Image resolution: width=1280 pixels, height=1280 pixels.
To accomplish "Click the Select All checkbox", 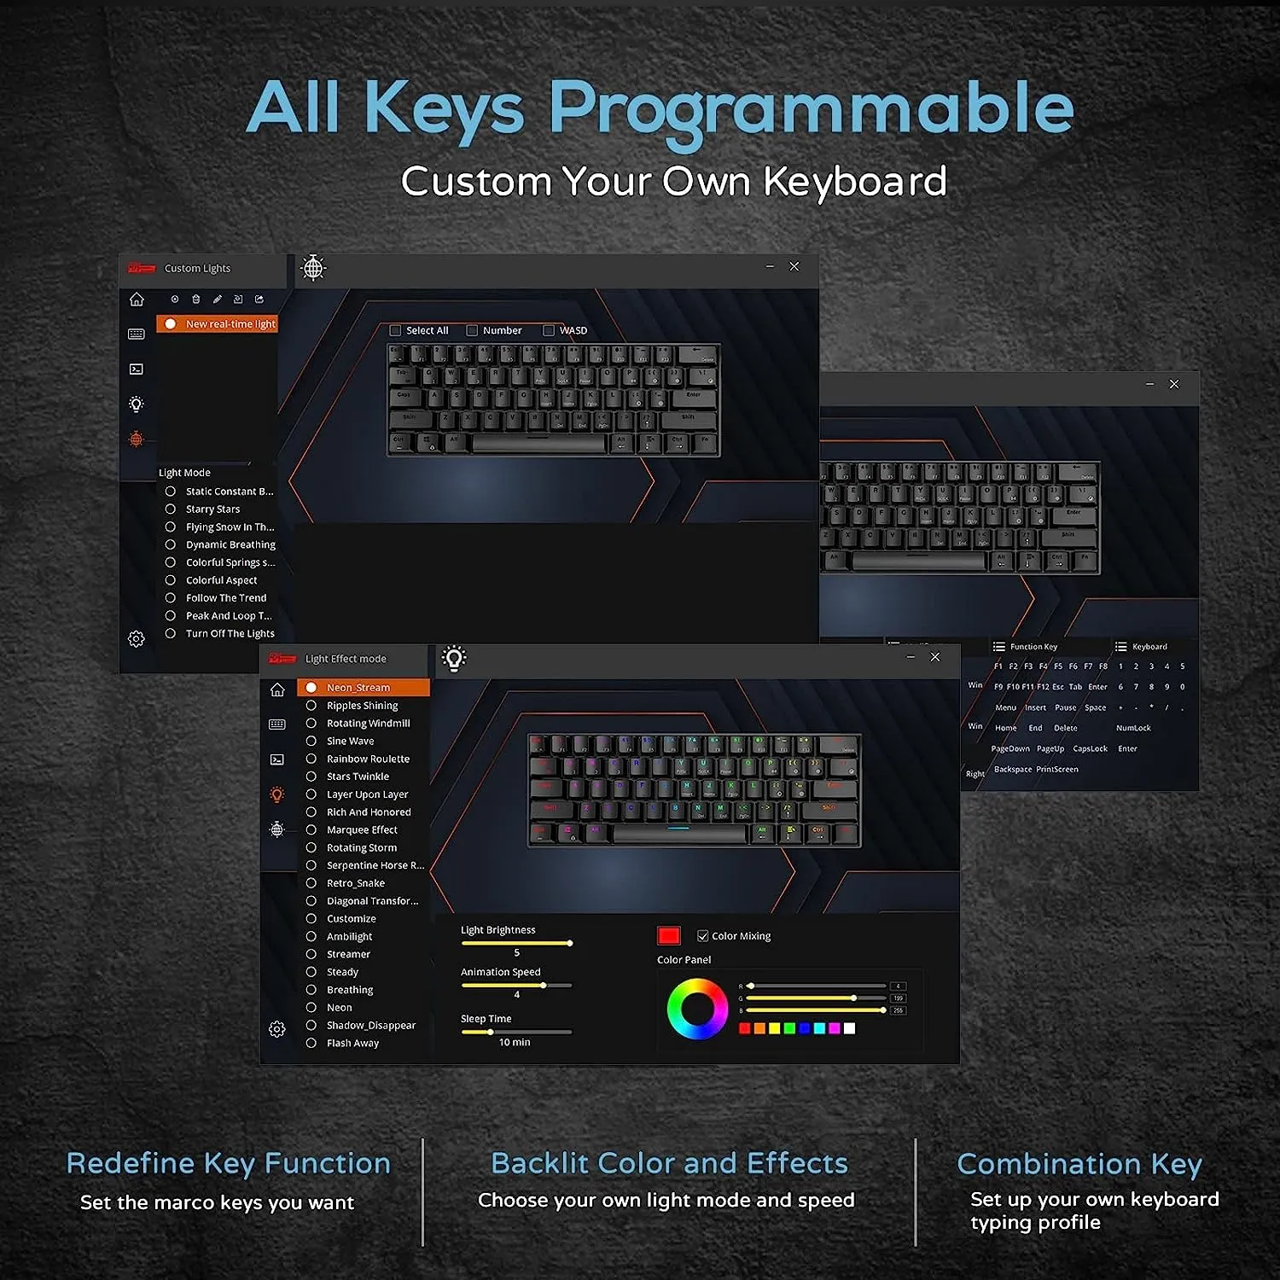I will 395,330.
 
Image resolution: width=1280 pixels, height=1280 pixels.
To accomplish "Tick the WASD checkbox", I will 549,330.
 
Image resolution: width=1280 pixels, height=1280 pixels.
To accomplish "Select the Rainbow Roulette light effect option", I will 311,759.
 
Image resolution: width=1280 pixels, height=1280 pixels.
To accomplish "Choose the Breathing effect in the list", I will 311,990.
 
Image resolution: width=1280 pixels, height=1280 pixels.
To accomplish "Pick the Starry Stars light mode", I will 171,509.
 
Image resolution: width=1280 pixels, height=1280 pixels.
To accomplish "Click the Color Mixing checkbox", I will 703,936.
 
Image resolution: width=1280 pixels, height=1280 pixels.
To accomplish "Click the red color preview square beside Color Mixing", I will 669,936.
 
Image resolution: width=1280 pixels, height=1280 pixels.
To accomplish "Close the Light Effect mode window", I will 935,657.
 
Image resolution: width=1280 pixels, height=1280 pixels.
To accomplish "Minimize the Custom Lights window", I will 770,267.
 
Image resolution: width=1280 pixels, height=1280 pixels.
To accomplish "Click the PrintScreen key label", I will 1057,770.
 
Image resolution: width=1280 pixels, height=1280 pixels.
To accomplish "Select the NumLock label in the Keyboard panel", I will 1133,728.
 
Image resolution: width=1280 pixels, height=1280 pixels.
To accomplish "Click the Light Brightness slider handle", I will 569,943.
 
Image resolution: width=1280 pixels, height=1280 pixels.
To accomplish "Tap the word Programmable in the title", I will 810,109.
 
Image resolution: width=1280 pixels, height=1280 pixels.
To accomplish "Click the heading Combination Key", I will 1079,1164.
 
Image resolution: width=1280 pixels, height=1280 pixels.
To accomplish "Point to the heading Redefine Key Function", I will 228,1163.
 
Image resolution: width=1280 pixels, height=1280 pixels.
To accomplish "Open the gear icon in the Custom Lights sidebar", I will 137,639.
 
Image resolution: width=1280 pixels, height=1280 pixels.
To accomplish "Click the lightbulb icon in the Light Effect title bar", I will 454,658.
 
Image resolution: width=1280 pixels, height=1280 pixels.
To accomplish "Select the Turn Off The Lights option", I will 171,634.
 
